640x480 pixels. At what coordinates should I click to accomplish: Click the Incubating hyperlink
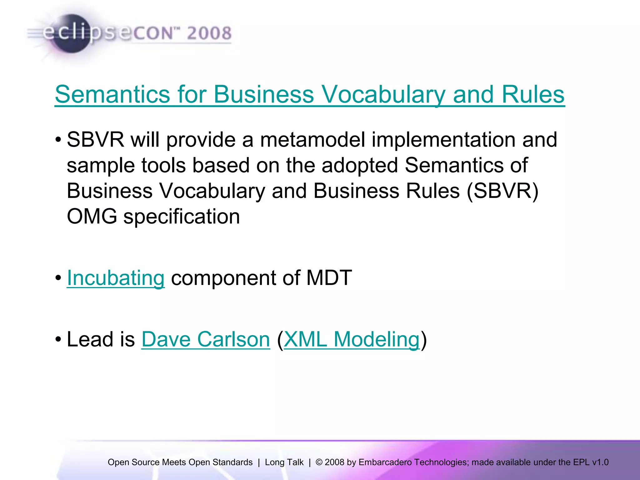[116, 278]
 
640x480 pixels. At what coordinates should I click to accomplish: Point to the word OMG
[92, 216]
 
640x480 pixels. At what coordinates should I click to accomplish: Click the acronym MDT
[329, 278]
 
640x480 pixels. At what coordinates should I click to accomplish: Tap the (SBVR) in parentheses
[502, 191]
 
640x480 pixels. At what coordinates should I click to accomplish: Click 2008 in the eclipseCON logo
[209, 33]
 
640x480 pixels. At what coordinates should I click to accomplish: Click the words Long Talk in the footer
[284, 462]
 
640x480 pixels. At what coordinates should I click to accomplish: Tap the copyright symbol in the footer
[319, 462]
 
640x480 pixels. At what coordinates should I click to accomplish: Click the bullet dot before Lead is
[58, 339]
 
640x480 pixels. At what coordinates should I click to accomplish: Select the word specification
[182, 216]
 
